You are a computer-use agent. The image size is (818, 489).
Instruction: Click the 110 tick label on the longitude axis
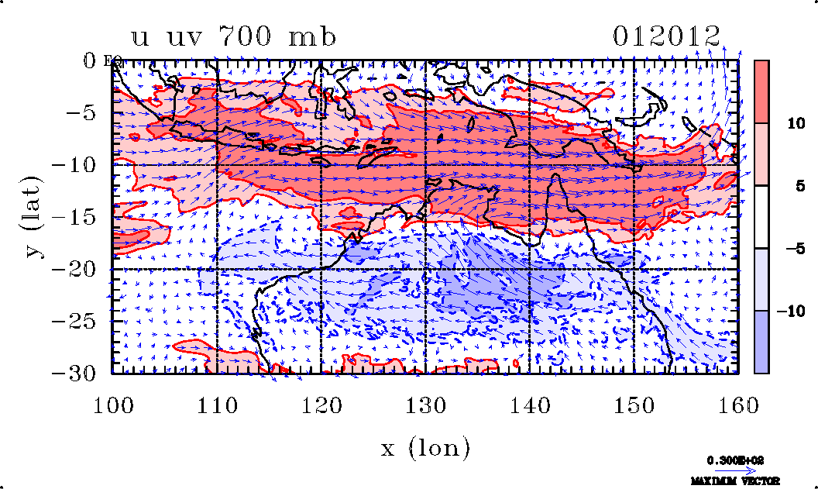(x=216, y=405)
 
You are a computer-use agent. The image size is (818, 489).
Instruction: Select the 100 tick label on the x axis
(x=112, y=405)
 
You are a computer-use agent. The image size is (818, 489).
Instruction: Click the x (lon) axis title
(x=425, y=447)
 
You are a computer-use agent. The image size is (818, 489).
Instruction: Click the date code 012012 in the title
(x=667, y=36)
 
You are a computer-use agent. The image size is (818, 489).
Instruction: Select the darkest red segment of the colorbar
(x=761, y=91)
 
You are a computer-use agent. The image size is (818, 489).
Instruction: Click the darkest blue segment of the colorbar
(x=761, y=343)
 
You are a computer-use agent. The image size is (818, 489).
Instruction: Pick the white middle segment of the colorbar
(x=761, y=217)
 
